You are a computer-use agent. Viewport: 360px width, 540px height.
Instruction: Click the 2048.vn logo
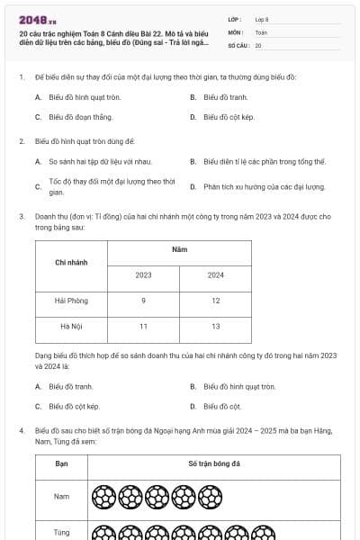pyautogui.click(x=37, y=19)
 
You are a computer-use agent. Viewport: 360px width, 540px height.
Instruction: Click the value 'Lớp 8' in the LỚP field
pyautogui.click(x=262, y=19)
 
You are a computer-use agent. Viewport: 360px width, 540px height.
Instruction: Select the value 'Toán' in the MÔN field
pyautogui.click(x=261, y=31)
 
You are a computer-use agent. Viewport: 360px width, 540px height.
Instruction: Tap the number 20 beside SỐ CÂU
pyautogui.click(x=258, y=44)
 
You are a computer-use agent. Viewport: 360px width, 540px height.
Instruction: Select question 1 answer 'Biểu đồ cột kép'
pyautogui.click(x=227, y=117)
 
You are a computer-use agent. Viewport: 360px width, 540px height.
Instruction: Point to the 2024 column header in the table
pyautogui.click(x=216, y=274)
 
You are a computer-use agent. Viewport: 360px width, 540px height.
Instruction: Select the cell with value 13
pyautogui.click(x=216, y=326)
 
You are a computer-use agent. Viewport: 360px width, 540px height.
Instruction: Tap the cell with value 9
pyautogui.click(x=143, y=301)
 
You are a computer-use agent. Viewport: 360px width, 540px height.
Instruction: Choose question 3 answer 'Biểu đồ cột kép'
pyautogui.click(x=74, y=407)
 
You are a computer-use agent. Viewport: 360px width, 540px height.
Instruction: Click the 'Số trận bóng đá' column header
pyautogui.click(x=214, y=463)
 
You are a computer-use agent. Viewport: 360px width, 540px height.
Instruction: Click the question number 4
pyautogui.click(x=21, y=431)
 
